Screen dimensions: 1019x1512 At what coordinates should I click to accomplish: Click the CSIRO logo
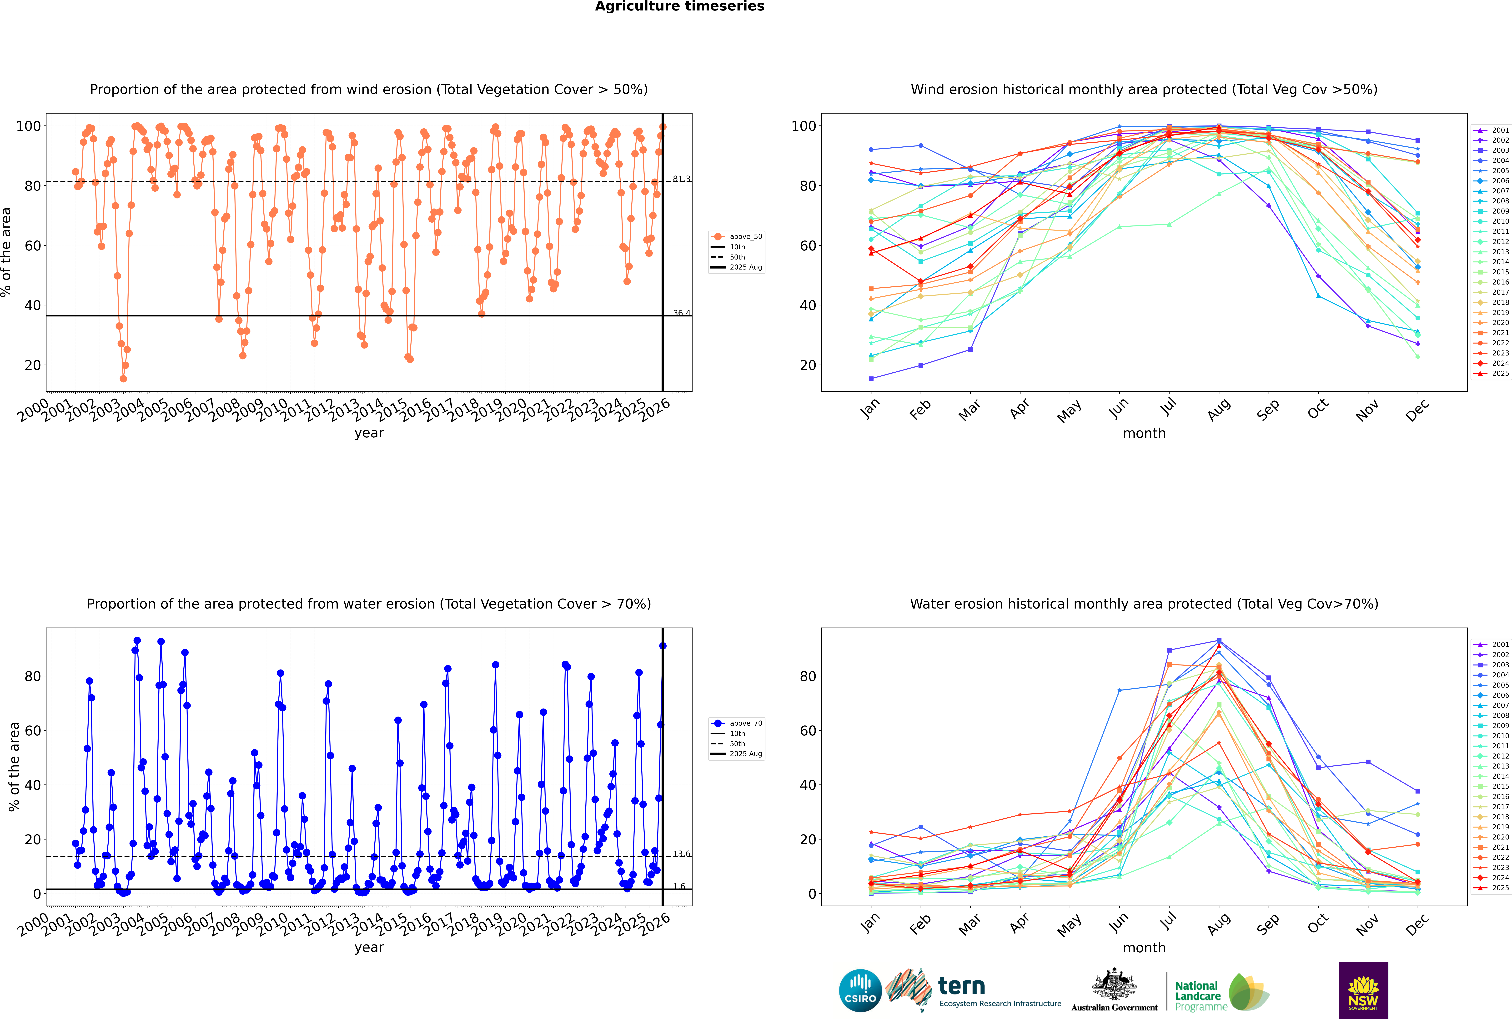tap(860, 990)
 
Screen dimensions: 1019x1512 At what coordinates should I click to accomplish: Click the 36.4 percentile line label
tap(681, 313)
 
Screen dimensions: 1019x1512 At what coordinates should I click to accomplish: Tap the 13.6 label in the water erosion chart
tap(681, 854)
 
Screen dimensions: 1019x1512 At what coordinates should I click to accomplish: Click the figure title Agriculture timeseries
tap(679, 6)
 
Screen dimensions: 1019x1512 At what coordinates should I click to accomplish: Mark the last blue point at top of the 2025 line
tap(662, 646)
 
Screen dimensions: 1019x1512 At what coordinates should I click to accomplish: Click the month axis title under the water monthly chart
tap(1144, 948)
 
